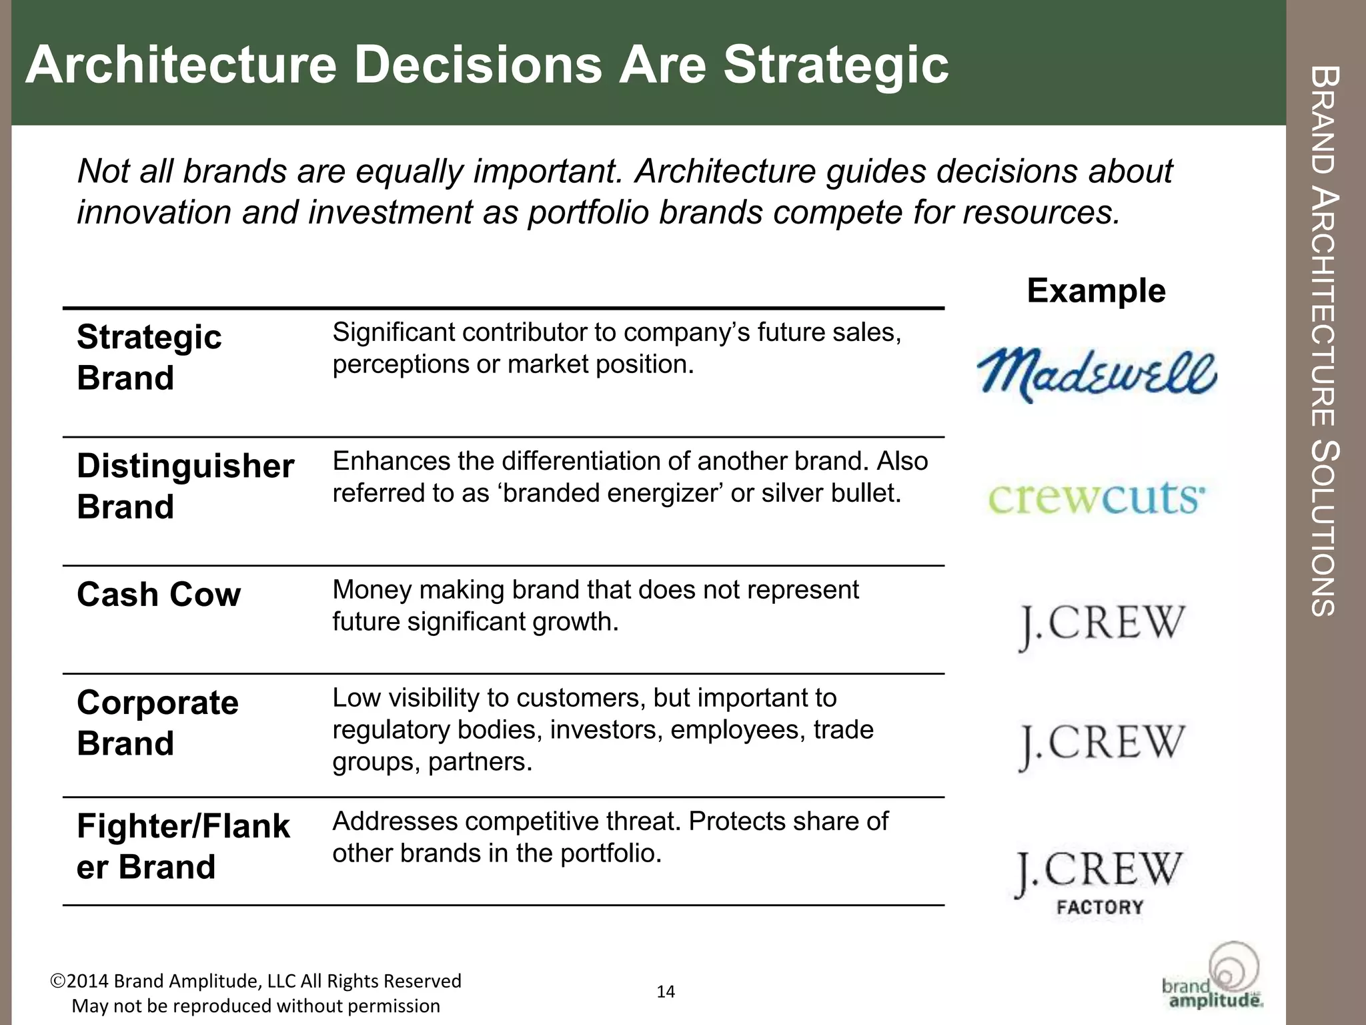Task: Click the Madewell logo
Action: [x=1097, y=375]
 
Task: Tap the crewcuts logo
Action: [x=1097, y=498]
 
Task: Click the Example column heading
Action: [x=1096, y=291]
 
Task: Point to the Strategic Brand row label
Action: [x=149, y=357]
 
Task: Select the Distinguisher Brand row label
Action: [x=185, y=486]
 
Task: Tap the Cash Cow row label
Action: [x=158, y=594]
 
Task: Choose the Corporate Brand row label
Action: [x=157, y=723]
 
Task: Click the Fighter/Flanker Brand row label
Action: [x=183, y=846]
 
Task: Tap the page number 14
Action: [x=666, y=992]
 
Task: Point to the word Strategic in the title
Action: [x=836, y=65]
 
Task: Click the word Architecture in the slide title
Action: [x=181, y=65]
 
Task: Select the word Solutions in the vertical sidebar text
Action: [x=1323, y=527]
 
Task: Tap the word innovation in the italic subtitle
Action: [x=154, y=212]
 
